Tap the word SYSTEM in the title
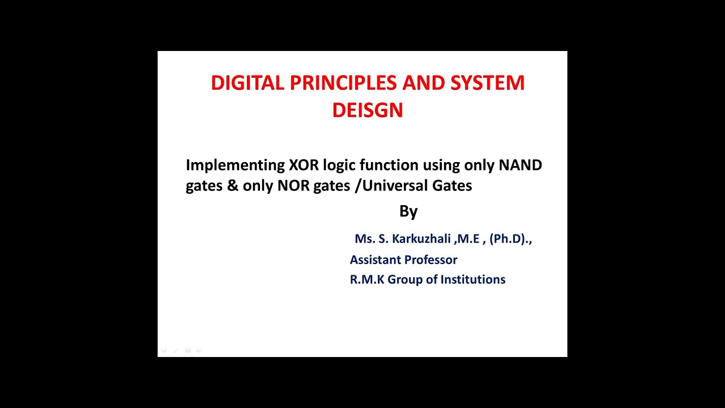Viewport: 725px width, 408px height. pos(487,83)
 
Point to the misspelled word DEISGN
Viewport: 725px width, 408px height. pos(367,110)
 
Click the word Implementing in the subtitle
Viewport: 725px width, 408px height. pos(235,165)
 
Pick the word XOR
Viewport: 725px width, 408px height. pos(304,165)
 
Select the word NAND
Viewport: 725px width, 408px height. pos(520,165)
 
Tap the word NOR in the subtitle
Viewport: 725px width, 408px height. pos(292,186)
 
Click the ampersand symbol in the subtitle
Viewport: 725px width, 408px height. pos(232,186)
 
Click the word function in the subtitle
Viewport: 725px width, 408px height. pos(389,165)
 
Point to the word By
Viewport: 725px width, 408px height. pos(408,211)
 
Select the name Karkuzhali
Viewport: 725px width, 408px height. pos(421,239)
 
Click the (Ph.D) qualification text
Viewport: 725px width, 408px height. pos(508,239)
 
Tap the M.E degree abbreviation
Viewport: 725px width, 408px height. pos(468,239)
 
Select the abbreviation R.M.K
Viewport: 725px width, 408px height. pos(366,280)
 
